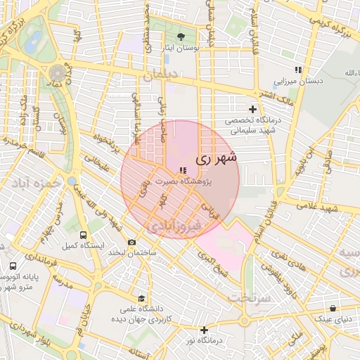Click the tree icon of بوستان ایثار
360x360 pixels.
point(183,36)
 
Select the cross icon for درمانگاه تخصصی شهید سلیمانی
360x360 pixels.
point(252,108)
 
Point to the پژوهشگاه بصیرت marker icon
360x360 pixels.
point(184,170)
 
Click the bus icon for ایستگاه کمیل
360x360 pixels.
point(84,235)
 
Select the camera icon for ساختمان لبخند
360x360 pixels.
point(131,242)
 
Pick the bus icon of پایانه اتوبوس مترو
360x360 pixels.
point(13,266)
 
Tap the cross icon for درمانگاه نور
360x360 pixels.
point(204,330)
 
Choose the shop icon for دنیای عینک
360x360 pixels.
point(333,308)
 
